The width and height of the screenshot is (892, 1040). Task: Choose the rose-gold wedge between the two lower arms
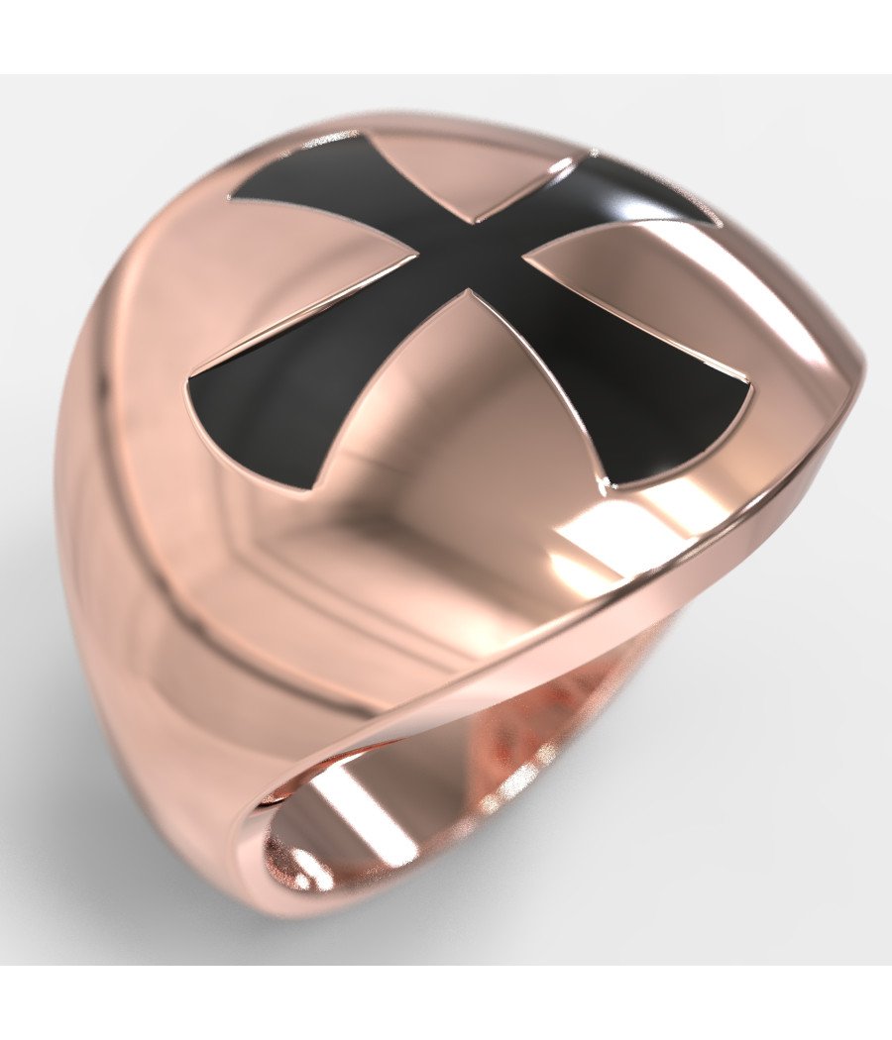[x=466, y=396]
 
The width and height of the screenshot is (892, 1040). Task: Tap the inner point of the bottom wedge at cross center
[x=469, y=291]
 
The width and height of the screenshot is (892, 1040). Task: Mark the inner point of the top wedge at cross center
[x=476, y=220]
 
